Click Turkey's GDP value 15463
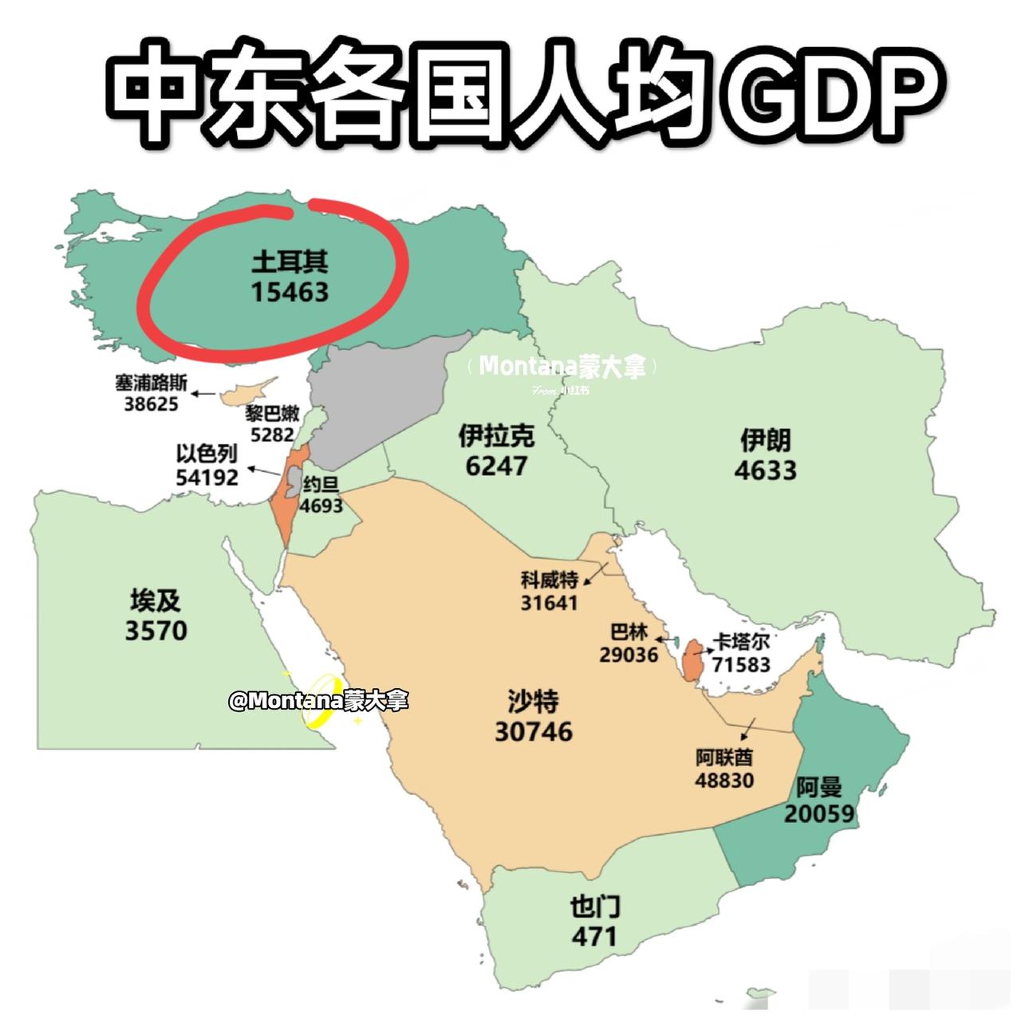290,293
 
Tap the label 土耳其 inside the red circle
290,262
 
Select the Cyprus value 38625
151,403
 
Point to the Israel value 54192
207,477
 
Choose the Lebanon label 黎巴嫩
272,414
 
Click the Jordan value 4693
321,506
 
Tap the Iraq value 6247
496,466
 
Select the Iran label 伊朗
765,439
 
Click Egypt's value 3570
156,631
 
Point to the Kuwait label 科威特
549,580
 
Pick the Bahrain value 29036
629,655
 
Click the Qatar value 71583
741,663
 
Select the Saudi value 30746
534,731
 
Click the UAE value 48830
724,780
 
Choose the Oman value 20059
819,813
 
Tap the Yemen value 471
594,935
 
